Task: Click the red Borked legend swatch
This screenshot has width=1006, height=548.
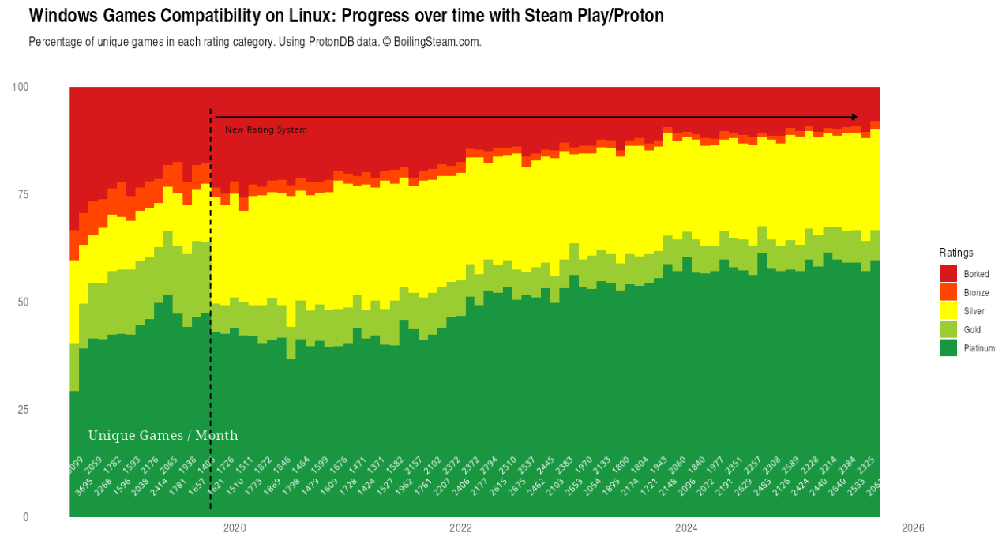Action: pyautogui.click(x=948, y=273)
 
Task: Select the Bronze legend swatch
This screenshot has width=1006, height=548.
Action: pyautogui.click(x=948, y=292)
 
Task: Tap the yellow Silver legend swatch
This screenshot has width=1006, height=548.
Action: pyautogui.click(x=948, y=311)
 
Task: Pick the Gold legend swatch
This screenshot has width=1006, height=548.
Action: pyautogui.click(x=948, y=329)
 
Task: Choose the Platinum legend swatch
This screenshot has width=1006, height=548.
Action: pyautogui.click(x=948, y=348)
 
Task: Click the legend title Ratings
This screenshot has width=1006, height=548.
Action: pyautogui.click(x=956, y=253)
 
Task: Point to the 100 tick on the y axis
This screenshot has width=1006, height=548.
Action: pyautogui.click(x=21, y=87)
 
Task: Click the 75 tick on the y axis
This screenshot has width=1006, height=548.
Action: pyautogui.click(x=23, y=194)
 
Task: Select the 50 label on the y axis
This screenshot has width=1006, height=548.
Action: pyautogui.click(x=23, y=302)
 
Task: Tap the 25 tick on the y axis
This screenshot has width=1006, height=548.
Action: pyautogui.click(x=23, y=409)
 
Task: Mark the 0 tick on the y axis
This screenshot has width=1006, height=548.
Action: pyautogui.click(x=25, y=517)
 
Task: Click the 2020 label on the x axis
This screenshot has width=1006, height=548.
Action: pyautogui.click(x=235, y=527)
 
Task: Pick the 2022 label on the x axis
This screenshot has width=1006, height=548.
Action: pyautogui.click(x=460, y=527)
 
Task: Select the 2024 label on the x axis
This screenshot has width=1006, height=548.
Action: pyautogui.click(x=686, y=527)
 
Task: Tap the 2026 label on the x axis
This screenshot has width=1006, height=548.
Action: pyautogui.click(x=912, y=527)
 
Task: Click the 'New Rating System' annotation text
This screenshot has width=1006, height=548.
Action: pyautogui.click(x=266, y=129)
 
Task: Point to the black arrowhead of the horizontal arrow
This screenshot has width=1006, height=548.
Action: pyautogui.click(x=854, y=117)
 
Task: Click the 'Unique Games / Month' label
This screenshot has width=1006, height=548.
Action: pyautogui.click(x=163, y=435)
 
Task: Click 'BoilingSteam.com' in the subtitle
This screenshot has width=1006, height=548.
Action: pyautogui.click(x=437, y=42)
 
